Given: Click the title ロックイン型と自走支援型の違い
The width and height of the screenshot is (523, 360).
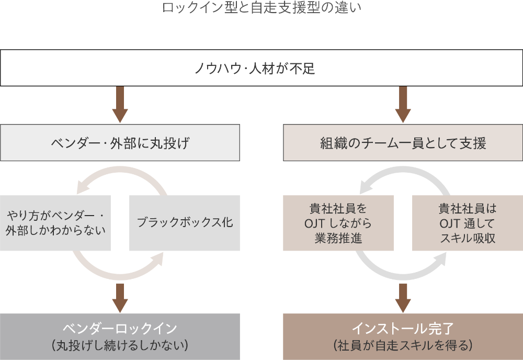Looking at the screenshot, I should coord(261,8).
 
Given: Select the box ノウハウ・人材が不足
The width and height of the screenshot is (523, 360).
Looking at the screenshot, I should coord(261,68).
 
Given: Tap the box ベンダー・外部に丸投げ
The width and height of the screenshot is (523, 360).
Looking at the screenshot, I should coord(120,142).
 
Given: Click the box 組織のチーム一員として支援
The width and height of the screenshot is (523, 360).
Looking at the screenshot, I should coord(403,142).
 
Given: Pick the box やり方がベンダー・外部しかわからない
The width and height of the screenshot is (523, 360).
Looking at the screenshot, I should coord(55,223).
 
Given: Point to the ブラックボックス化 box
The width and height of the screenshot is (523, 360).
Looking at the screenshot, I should coord(185,223).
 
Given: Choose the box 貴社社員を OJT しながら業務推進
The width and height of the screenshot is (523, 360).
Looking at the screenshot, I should coord(338,223).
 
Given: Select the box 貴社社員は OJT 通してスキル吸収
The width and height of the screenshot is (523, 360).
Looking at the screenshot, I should coord(468,223).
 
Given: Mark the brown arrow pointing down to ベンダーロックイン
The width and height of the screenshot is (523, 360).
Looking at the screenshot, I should coord(120,297).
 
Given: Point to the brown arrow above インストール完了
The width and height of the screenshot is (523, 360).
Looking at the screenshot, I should coord(403,297).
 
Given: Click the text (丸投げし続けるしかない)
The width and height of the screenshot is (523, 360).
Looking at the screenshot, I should coord(120,345).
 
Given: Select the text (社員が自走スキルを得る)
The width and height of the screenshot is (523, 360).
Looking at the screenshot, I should coord(403,345).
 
